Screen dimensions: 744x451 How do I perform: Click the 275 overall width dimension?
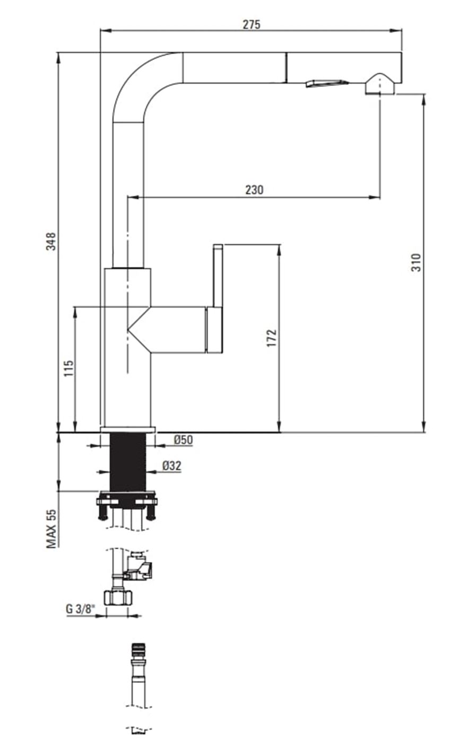[x=251, y=24]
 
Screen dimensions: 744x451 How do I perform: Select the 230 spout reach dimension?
[x=254, y=189]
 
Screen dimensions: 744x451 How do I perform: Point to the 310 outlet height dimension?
[x=417, y=263]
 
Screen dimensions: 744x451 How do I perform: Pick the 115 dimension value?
[x=68, y=368]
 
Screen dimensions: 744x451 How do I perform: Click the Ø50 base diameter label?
[x=183, y=440]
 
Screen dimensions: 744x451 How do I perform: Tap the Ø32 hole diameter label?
[x=171, y=466]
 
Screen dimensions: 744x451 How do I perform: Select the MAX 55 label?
[x=51, y=528]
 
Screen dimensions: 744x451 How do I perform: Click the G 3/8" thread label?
[x=80, y=609]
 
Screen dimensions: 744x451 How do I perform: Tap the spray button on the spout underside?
[x=326, y=83]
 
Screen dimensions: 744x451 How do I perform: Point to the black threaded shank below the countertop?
[x=127, y=462]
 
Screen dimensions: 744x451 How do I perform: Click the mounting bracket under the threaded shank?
[x=127, y=501]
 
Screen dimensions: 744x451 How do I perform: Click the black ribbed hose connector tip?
[x=138, y=650]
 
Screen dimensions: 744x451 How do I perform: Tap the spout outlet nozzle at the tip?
[x=379, y=85]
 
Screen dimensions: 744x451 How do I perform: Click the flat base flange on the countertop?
[x=127, y=429]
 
